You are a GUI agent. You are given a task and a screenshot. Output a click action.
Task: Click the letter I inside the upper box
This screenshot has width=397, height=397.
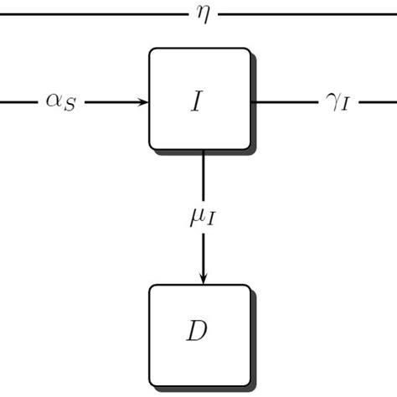coord(197,101)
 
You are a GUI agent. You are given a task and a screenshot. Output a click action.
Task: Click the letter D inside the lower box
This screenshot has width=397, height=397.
coord(197,332)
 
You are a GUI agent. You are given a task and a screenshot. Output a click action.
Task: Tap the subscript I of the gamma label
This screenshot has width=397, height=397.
coord(343,106)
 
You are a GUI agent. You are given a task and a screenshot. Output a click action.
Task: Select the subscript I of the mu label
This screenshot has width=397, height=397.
coord(211,224)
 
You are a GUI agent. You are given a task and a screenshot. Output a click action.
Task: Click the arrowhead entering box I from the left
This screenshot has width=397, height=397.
coord(144,101)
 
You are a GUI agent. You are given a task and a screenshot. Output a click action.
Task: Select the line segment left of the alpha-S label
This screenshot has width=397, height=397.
coord(17,101)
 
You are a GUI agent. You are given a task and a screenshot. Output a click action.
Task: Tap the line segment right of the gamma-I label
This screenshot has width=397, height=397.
coord(377,101)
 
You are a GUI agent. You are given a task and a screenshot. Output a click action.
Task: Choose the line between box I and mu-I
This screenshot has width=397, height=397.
coord(203,176)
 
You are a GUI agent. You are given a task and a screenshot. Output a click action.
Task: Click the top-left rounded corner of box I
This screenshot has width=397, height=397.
coord(152,51)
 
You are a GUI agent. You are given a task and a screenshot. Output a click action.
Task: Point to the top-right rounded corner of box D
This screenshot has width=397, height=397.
coord(247,288)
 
